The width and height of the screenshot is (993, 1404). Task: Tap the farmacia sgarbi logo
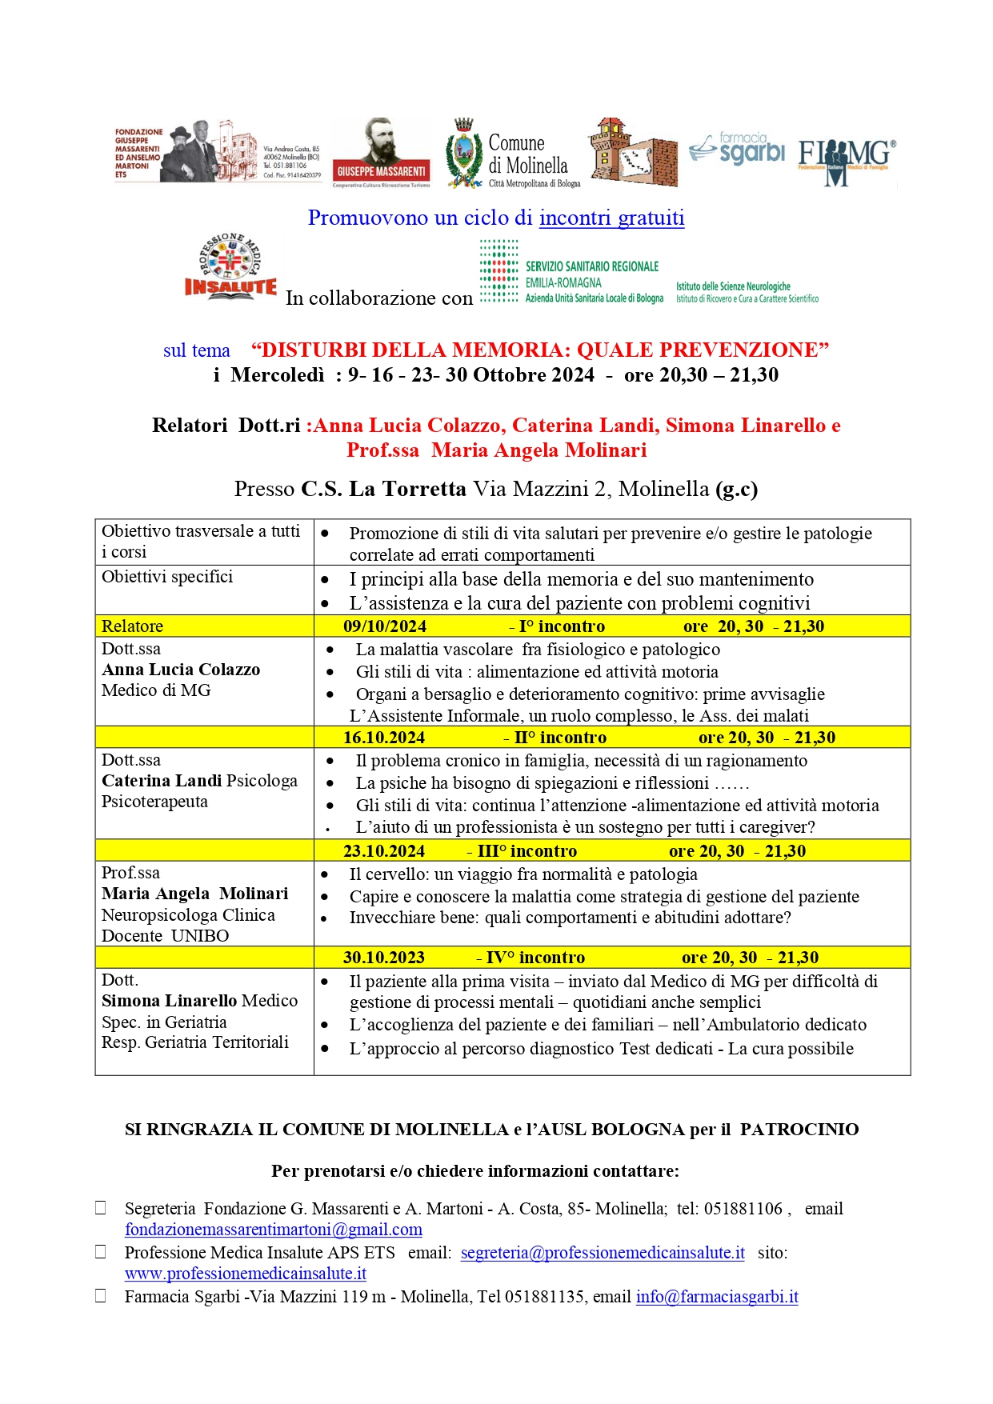tap(737, 149)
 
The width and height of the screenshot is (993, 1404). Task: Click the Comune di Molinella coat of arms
tap(463, 154)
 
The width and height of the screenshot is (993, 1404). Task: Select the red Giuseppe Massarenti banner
tap(381, 170)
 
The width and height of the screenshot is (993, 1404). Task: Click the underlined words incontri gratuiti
tap(611, 218)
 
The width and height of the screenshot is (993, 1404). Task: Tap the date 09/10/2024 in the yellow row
tap(385, 626)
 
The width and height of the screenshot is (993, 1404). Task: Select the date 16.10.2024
tap(384, 738)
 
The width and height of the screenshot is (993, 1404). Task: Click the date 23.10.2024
tap(384, 851)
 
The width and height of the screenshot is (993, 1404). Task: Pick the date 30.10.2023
tap(384, 958)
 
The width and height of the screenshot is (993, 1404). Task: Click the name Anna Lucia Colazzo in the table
tap(181, 670)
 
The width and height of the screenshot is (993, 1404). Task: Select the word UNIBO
tap(200, 936)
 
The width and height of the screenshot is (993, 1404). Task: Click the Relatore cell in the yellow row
tap(133, 626)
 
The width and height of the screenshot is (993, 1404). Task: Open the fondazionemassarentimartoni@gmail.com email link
tap(273, 1230)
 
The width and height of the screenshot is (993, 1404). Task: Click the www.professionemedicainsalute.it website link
tap(245, 1274)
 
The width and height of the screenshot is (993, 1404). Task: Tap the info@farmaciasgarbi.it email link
tap(717, 1297)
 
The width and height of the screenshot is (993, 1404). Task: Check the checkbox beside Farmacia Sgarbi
tap(101, 1296)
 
